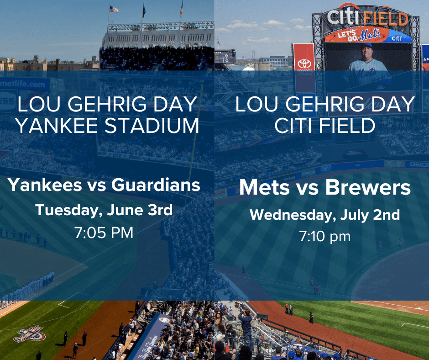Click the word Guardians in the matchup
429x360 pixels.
click(x=156, y=185)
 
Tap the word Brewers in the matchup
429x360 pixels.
click(x=368, y=188)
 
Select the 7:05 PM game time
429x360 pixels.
click(x=104, y=233)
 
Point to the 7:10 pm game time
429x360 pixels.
click(x=325, y=236)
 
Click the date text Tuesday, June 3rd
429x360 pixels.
click(x=104, y=210)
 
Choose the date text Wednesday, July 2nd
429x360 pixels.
click(x=325, y=215)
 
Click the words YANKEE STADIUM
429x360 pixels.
click(x=107, y=126)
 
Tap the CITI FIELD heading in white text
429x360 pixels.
click(x=325, y=126)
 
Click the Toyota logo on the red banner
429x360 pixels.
click(x=304, y=64)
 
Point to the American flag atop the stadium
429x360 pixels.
click(x=114, y=9)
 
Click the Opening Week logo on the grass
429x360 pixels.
click(x=30, y=334)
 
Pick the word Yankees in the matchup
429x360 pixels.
click(x=45, y=185)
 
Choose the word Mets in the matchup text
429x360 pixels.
click(x=264, y=188)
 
